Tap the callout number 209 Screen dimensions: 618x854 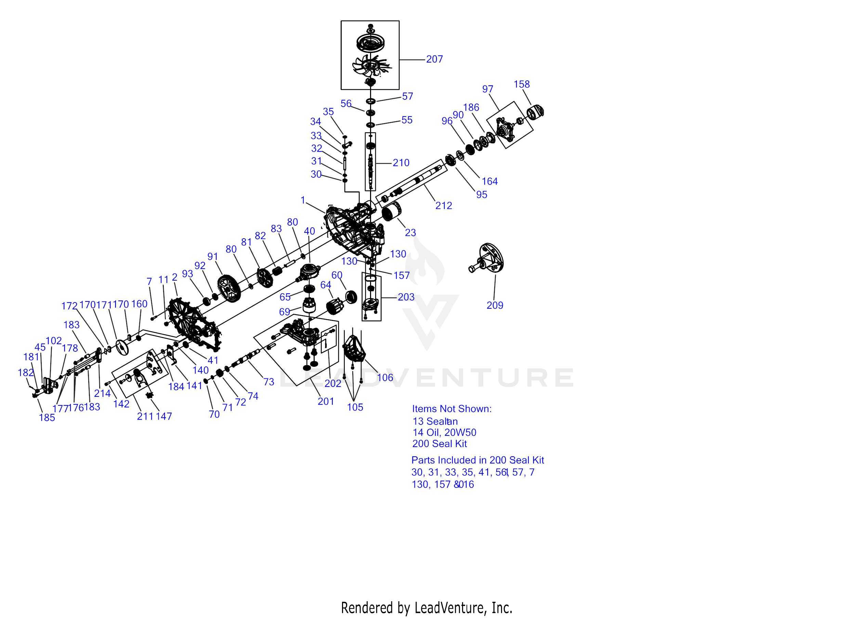tap(495, 305)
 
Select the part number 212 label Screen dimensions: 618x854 tap(444, 205)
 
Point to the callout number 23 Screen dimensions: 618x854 tap(410, 232)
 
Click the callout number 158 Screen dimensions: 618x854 tap(522, 84)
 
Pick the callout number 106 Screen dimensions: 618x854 tap(385, 377)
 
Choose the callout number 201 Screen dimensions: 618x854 tap(326, 402)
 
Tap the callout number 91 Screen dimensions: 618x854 tap(213, 257)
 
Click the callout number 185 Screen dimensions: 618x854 tap(47, 417)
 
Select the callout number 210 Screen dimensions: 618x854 tap(401, 163)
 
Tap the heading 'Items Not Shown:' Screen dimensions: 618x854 tap(451, 409)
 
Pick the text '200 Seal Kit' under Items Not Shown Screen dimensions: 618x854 tap(439, 444)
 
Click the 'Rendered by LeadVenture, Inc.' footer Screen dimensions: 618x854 tap(426, 607)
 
